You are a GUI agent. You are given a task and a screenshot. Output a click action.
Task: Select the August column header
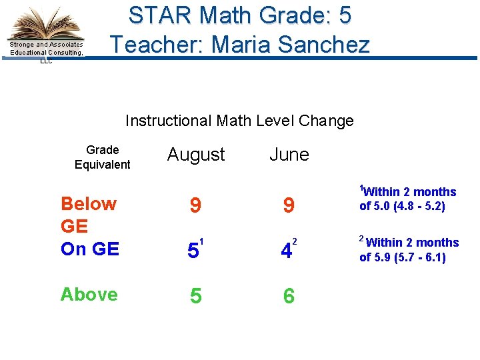tap(196, 155)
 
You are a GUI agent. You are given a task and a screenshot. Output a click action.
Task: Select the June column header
tap(289, 155)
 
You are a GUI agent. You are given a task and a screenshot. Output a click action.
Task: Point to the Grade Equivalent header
tap(103, 157)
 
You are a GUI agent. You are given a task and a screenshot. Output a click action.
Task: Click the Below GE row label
tap(88, 215)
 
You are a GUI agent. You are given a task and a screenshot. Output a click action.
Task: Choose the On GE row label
tap(89, 249)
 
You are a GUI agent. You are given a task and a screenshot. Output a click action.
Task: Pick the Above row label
tap(89, 294)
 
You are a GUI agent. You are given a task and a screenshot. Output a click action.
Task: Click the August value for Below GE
tap(195, 206)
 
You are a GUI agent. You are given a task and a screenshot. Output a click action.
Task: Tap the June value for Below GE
tap(288, 206)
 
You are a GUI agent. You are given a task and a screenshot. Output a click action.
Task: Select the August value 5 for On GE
tap(193, 251)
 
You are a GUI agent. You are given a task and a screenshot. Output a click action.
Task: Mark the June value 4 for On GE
tap(287, 251)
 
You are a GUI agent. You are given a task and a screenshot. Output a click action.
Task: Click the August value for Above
tap(195, 296)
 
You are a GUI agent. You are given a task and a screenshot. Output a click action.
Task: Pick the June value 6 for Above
tap(288, 296)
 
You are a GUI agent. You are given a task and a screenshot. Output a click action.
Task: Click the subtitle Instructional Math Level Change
tap(239, 121)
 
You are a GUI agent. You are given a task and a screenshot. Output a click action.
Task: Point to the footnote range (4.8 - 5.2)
tap(417, 207)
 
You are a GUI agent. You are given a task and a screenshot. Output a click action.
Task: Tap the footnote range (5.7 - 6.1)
tap(418, 257)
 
